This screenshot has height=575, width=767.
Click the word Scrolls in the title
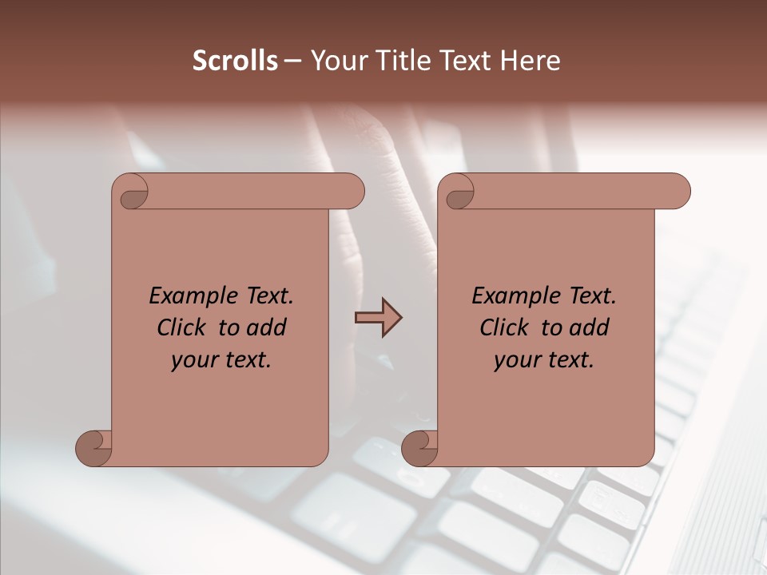235,61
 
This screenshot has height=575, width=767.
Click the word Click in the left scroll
183,327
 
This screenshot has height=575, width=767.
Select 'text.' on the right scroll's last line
570,360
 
